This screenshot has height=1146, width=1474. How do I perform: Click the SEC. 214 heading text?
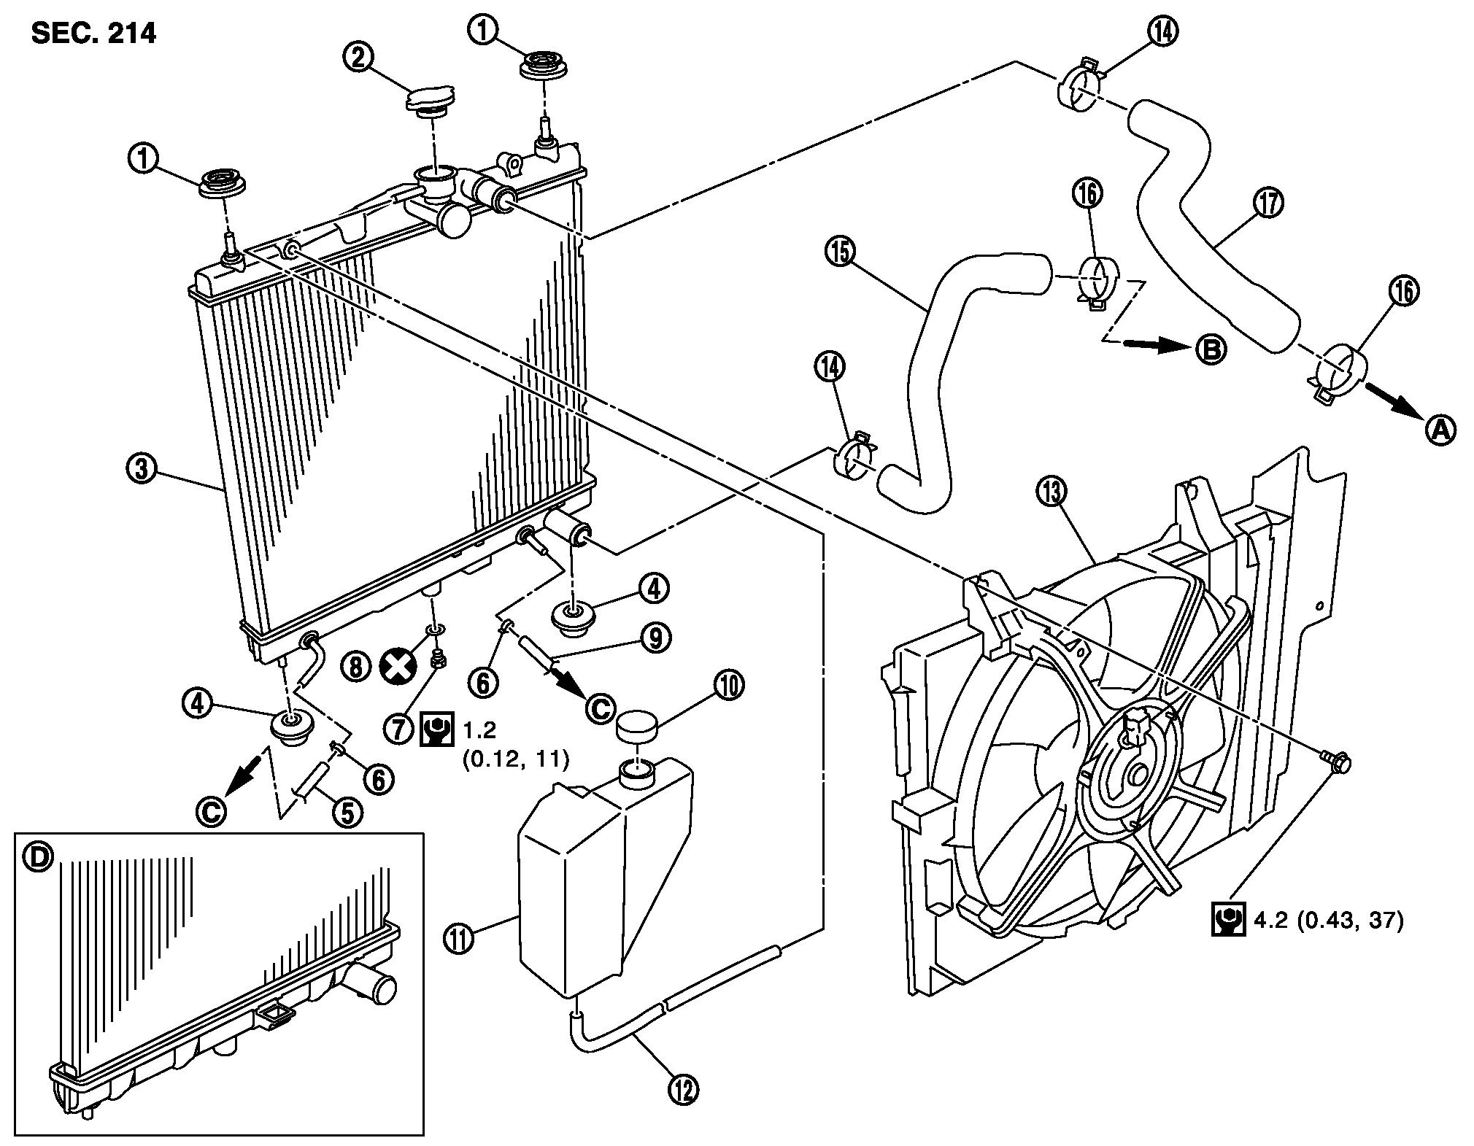pyautogui.click(x=93, y=34)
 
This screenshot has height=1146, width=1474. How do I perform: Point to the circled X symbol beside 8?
pyautogui.click(x=397, y=667)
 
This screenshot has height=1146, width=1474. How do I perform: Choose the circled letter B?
pyautogui.click(x=1210, y=350)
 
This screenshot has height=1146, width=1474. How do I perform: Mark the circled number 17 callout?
pyautogui.click(x=1270, y=203)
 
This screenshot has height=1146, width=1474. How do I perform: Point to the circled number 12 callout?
pyautogui.click(x=683, y=1110)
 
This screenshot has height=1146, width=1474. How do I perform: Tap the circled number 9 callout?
pyautogui.click(x=655, y=638)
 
